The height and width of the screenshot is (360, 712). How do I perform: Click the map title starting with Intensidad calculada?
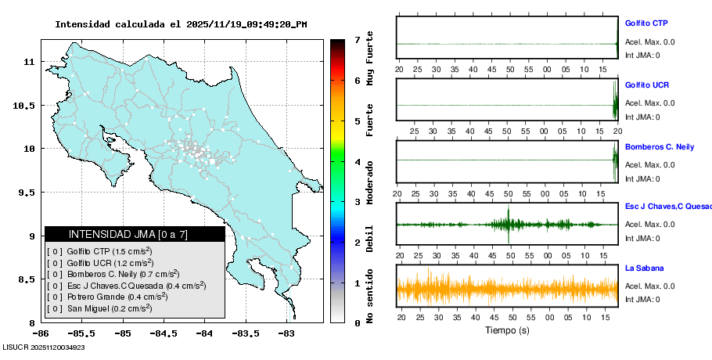coord(181,24)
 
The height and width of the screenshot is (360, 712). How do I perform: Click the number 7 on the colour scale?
coord(357,39)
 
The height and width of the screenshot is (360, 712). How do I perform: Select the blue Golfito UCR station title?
coord(647,85)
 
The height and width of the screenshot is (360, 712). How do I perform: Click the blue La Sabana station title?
coord(644,268)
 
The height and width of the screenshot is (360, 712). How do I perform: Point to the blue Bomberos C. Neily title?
coord(658,146)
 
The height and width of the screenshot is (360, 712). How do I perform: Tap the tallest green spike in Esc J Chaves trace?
coord(509,223)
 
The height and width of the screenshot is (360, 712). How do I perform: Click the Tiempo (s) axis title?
coord(508,330)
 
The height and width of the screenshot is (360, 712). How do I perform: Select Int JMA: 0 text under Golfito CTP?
coord(642,55)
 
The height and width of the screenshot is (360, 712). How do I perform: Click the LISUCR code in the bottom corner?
coord(44,347)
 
